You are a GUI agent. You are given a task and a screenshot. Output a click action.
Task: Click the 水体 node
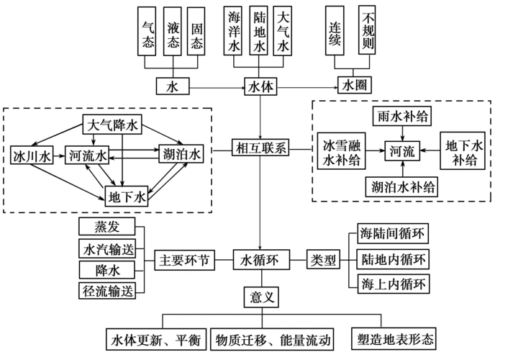[260, 87]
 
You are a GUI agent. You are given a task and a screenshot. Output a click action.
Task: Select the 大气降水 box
[112, 125]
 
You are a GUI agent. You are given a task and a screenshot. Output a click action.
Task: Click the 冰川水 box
[30, 155]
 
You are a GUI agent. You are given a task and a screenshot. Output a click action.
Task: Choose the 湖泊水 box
[181, 154]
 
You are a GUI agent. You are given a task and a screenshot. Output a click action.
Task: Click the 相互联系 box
[260, 149]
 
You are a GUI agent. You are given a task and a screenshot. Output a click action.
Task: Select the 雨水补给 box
[402, 115]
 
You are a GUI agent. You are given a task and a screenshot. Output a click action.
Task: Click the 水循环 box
[260, 260]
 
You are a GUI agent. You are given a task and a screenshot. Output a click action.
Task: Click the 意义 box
[260, 296]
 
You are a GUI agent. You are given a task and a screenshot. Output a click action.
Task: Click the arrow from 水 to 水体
[216, 87]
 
